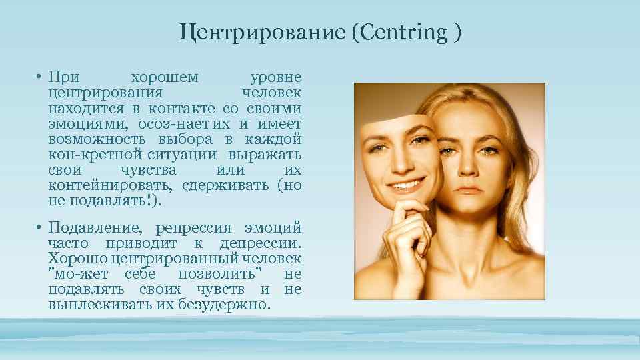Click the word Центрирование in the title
[x=261, y=33]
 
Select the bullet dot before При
[x=41, y=77]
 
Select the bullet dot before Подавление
[x=41, y=228]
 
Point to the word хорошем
[x=165, y=77]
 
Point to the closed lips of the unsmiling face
[x=470, y=189]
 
